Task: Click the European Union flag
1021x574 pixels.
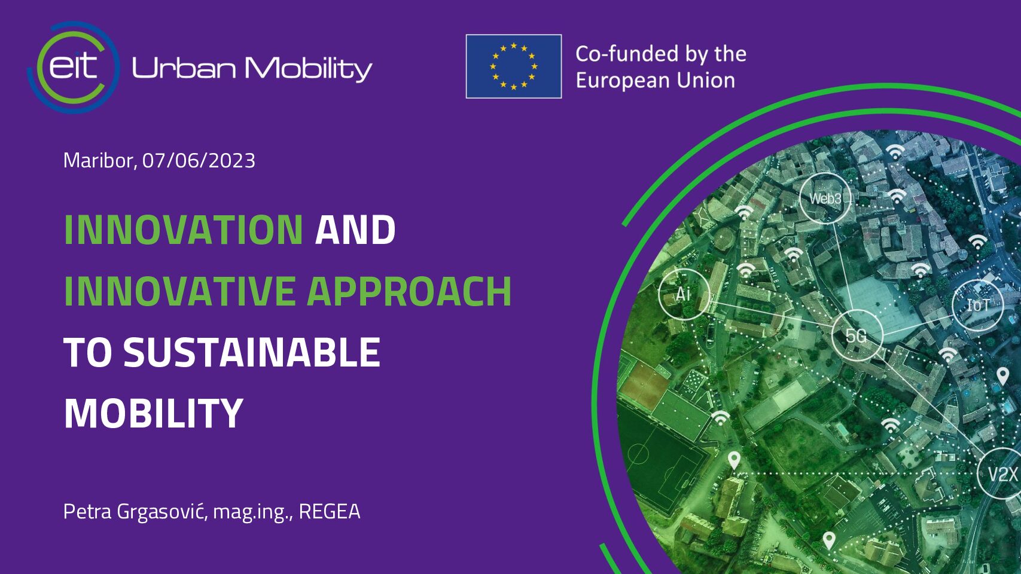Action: point(514,66)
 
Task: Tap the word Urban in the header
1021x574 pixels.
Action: point(184,68)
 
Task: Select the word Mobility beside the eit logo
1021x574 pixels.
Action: point(309,69)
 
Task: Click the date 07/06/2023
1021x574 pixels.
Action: point(199,161)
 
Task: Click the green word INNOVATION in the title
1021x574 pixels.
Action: point(183,230)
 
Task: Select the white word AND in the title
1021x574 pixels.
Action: point(355,230)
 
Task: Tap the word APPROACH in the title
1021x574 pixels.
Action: point(409,291)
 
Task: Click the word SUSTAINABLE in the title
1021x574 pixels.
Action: point(252,352)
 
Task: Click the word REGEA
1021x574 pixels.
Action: point(330,512)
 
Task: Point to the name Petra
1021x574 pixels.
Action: point(87,512)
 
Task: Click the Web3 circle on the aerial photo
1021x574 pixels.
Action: point(825,199)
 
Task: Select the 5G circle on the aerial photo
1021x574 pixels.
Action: point(857,335)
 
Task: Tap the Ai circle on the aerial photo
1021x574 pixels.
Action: point(684,294)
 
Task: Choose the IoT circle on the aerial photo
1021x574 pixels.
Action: point(978,305)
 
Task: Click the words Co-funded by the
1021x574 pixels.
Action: point(661,54)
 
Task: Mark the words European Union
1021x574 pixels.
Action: point(656,81)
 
